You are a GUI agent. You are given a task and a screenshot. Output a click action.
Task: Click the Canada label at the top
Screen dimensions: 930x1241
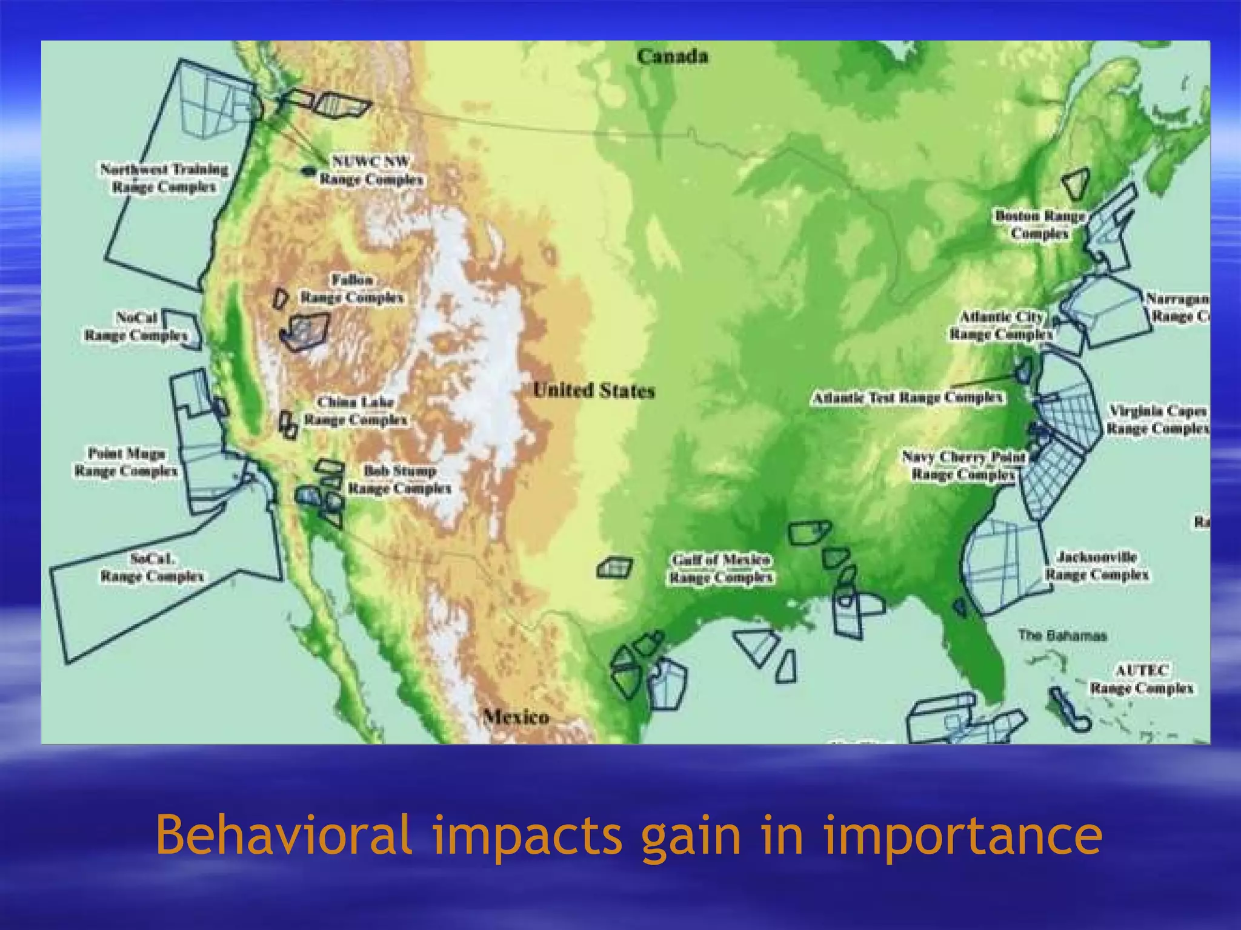(x=672, y=56)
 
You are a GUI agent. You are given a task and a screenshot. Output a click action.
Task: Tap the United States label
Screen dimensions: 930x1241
(x=594, y=391)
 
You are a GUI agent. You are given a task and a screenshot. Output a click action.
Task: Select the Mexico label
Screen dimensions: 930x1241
(x=516, y=717)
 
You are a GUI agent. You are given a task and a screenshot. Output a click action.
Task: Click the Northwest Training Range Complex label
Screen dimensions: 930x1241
(x=164, y=177)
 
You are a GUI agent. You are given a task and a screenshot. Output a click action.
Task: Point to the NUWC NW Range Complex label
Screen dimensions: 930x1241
(x=371, y=171)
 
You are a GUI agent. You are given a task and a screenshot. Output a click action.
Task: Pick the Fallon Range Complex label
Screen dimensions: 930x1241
(x=352, y=289)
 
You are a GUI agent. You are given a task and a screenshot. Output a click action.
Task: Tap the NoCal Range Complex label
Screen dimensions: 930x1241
(x=136, y=326)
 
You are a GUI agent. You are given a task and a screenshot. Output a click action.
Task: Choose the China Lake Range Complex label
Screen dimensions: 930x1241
(x=356, y=411)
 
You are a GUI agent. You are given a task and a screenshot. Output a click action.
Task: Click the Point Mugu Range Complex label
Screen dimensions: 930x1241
(x=126, y=461)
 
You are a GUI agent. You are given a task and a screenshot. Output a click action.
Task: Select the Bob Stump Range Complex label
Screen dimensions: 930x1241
(x=400, y=479)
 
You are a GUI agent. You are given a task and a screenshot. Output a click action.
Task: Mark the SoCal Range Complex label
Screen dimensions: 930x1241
(x=152, y=567)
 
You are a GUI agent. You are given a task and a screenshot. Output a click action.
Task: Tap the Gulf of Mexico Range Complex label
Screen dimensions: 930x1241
(x=721, y=569)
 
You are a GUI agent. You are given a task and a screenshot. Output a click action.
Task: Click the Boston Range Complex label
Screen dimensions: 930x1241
(x=1040, y=224)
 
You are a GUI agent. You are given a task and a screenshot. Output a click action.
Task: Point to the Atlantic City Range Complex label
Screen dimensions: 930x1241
(x=1002, y=325)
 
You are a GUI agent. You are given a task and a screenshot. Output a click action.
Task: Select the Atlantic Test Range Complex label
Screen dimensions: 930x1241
(x=908, y=398)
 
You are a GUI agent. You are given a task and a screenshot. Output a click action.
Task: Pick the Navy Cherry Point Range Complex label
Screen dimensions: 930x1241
(x=963, y=465)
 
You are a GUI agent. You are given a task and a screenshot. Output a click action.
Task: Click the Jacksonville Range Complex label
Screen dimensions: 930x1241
(x=1097, y=565)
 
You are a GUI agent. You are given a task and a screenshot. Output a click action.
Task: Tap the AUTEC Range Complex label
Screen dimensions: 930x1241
(x=1142, y=679)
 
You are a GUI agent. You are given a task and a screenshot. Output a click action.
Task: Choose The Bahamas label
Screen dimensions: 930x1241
(x=1062, y=635)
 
